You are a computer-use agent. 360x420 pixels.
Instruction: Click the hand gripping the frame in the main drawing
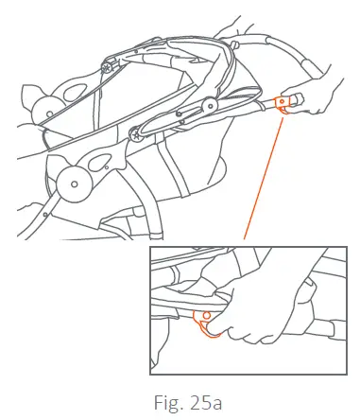coord(312,96)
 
